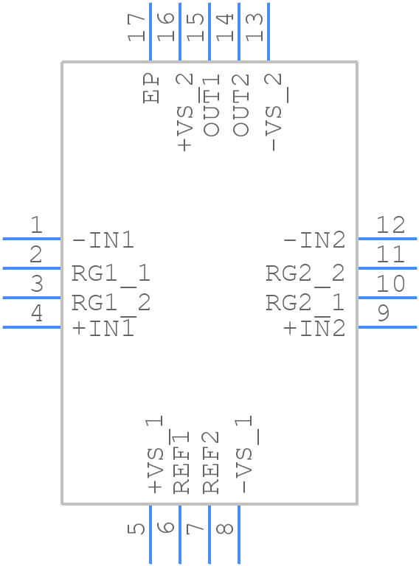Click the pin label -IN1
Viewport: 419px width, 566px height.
[x=103, y=240]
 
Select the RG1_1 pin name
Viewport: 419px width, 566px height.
[x=111, y=274]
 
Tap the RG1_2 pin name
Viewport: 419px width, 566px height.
[x=111, y=302]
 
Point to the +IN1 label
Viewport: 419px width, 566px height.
[x=103, y=329]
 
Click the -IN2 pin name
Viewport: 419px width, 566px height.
[x=314, y=240]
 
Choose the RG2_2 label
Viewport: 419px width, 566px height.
[x=305, y=274]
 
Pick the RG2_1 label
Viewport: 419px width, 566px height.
[x=305, y=302]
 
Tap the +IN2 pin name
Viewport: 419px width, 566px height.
[x=314, y=329]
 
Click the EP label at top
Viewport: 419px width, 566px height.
[x=152, y=88]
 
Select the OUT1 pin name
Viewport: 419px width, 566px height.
[x=212, y=105]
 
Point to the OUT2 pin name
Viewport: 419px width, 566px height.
[x=241, y=105]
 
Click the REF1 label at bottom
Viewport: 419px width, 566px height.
[x=181, y=461]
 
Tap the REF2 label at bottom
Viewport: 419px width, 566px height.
[x=212, y=461]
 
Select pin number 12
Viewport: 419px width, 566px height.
[x=390, y=225]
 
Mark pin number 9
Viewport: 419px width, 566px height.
[x=383, y=314]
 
